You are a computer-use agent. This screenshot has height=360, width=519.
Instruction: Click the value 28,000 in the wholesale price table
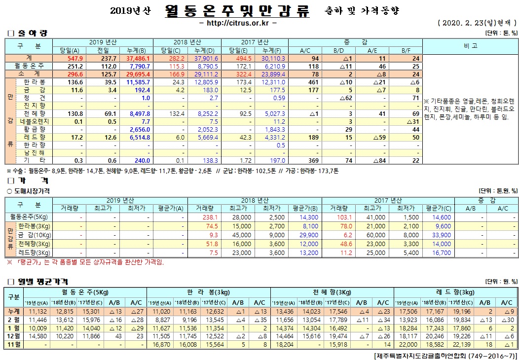(242, 216)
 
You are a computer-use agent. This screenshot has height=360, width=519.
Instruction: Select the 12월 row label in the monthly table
(14, 336)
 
